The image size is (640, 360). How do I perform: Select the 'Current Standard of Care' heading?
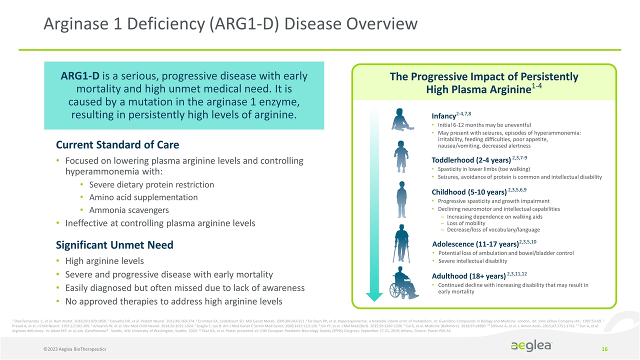117,145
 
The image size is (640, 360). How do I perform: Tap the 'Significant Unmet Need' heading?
114,245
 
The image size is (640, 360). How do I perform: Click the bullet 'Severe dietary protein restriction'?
151,184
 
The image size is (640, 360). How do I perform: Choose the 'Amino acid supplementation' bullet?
143,197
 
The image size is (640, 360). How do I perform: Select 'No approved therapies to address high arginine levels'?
173,301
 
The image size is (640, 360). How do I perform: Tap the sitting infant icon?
401,120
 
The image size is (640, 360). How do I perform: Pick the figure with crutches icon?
401,242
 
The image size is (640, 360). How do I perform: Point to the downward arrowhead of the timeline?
374,297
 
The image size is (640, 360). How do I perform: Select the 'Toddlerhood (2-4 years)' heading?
470,160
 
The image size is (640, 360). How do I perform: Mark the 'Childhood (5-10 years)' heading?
469,192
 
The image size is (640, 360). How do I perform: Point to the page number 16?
604,347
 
